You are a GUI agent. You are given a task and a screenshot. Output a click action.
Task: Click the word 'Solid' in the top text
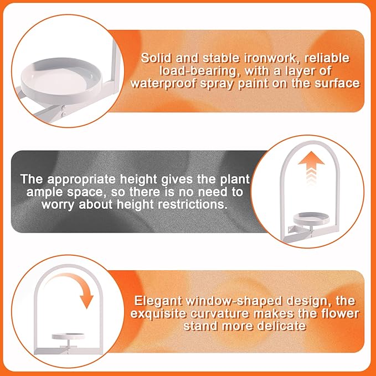(156, 58)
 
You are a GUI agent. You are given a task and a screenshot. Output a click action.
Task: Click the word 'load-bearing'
(197, 71)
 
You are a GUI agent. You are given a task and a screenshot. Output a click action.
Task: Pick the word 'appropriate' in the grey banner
(81, 179)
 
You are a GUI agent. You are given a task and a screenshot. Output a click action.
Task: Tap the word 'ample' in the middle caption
(45, 192)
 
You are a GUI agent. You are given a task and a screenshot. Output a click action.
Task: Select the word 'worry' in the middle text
(58, 205)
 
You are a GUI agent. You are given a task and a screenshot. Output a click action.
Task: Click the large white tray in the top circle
(61, 80)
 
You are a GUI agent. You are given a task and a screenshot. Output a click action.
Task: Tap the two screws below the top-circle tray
(63, 111)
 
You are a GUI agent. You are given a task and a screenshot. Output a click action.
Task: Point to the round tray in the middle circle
(311, 218)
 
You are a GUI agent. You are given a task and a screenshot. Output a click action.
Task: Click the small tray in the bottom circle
(68, 336)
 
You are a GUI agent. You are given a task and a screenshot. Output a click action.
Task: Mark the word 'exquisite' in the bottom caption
(158, 314)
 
